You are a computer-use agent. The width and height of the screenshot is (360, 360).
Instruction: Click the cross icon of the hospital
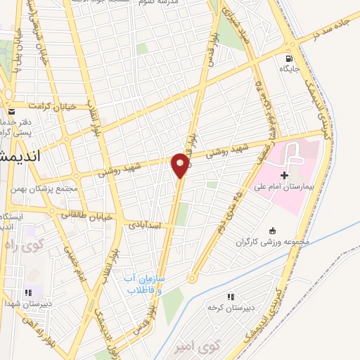pyautogui.click(x=284, y=174)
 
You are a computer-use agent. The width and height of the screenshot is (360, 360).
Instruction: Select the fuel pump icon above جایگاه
pyautogui.click(x=290, y=58)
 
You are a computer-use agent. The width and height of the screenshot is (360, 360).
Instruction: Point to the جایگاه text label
pyautogui.click(x=290, y=69)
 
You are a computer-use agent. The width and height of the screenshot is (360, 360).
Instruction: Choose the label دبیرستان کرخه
pyautogui.click(x=224, y=307)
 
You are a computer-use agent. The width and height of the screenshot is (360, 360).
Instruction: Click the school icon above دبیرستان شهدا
pyautogui.click(x=28, y=292)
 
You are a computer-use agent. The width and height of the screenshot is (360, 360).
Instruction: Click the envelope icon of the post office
pyautogui.click(x=12, y=111)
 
